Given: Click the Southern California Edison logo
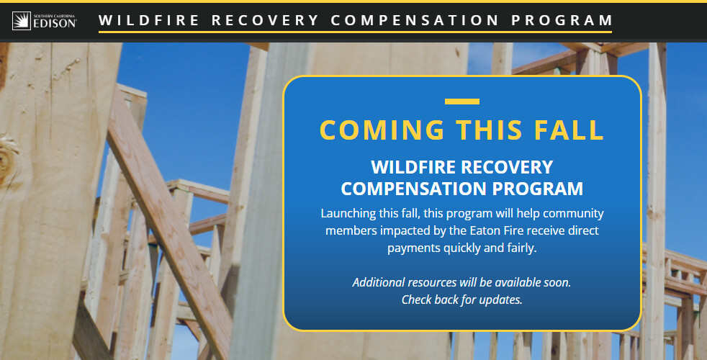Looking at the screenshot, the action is point(44,21).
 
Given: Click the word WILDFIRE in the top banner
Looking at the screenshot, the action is point(149,20).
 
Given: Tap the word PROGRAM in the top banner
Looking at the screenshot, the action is point(562,20).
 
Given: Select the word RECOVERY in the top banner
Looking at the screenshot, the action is point(265,20).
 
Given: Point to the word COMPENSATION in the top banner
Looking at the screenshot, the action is point(415,20).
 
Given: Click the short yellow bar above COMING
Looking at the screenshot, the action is point(461,102).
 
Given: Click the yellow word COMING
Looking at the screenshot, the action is point(382,130).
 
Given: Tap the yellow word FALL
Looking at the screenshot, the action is point(569,130).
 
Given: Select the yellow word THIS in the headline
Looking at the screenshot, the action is point(490,130).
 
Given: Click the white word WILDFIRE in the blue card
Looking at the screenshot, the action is point(413,167).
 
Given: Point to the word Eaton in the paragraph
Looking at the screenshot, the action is point(485,230).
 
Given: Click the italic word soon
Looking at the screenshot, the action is point(557,282).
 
